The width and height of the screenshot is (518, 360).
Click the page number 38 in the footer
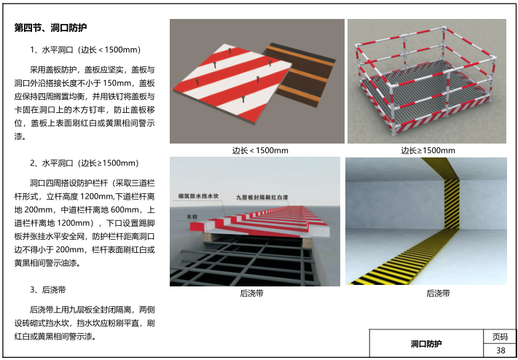point(501,351)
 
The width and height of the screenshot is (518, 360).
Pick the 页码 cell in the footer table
point(501,337)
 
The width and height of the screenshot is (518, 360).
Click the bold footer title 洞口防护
point(426,344)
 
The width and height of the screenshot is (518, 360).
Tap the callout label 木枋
point(192,216)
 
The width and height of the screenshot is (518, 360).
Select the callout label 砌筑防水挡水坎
point(198,196)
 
